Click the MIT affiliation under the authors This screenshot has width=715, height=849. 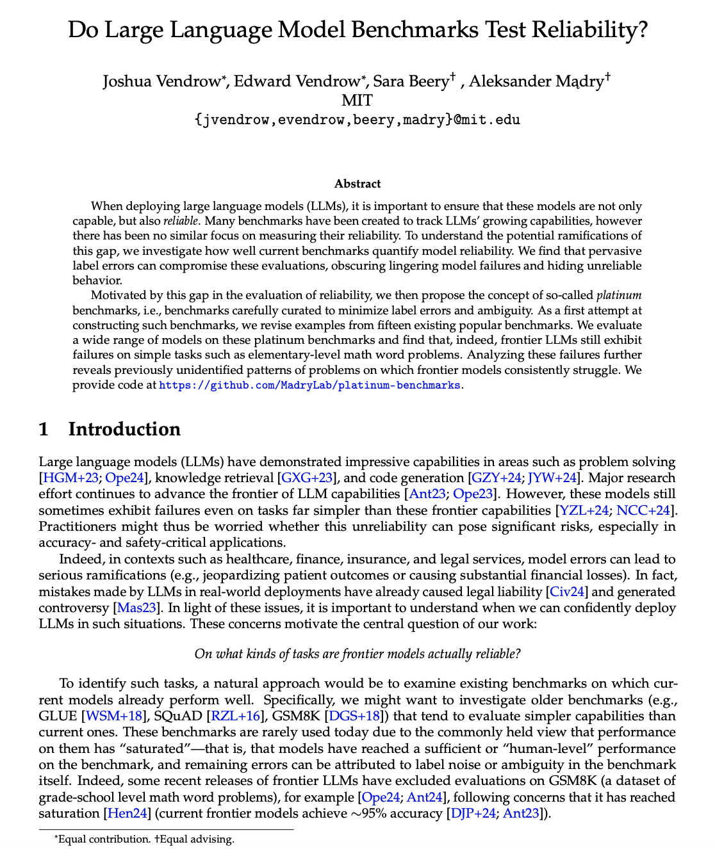point(357,101)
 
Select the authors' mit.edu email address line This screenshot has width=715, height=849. point(357,120)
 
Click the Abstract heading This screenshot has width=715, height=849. point(357,184)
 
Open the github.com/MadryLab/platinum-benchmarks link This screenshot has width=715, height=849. point(309,385)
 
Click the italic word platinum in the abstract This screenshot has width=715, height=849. point(619,295)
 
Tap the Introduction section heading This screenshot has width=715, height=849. point(124,429)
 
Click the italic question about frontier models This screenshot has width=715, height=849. point(357,654)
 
